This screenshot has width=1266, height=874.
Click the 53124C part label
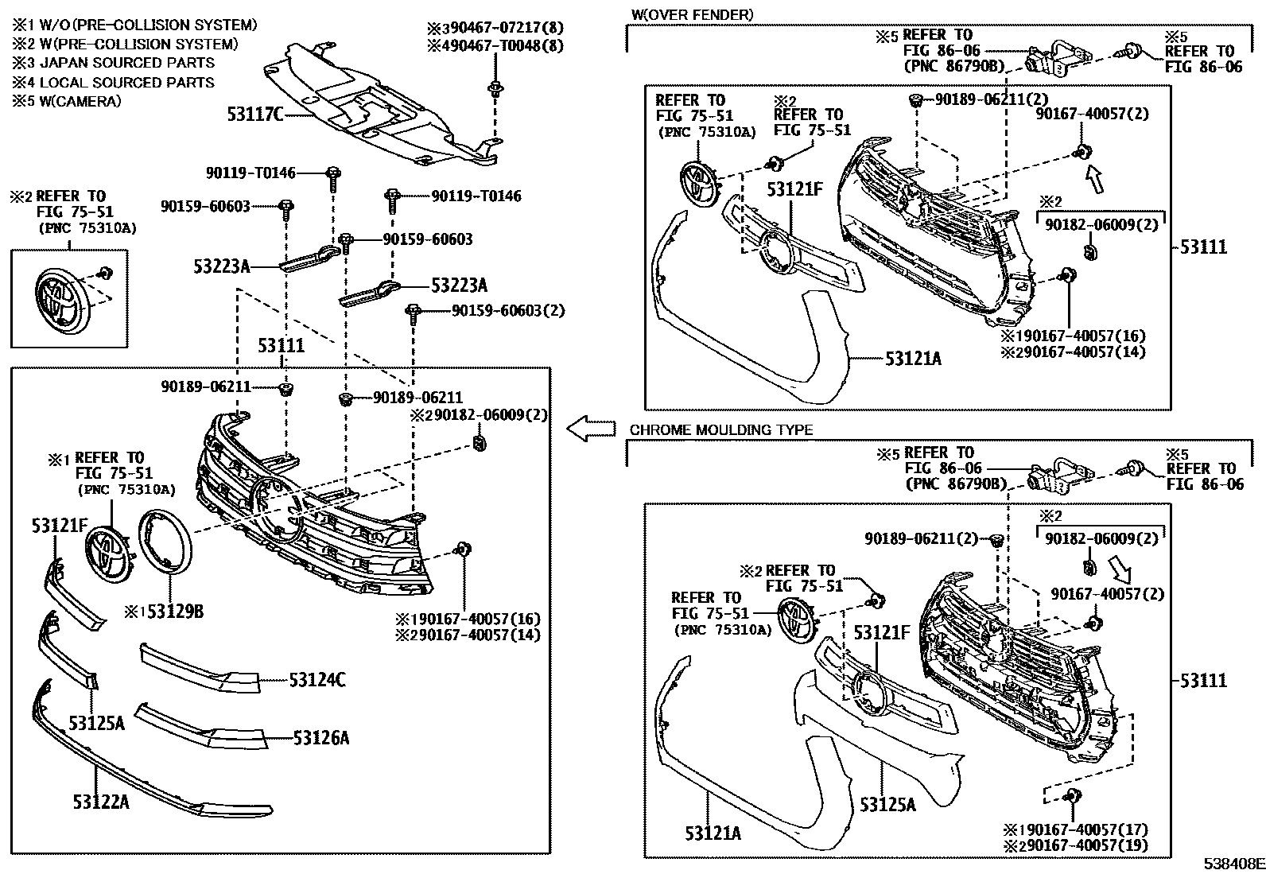tap(316, 680)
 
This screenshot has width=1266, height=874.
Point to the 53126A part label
tap(320, 739)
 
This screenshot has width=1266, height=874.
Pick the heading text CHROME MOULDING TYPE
tap(720, 430)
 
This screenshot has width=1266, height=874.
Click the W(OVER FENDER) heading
tap(691, 14)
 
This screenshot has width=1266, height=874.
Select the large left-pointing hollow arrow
tap(592, 429)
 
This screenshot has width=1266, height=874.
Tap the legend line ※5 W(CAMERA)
tap(67, 101)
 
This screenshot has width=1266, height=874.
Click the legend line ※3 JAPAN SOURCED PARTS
tap(113, 63)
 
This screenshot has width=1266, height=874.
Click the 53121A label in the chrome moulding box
tap(713, 833)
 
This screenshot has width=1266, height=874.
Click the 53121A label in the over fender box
tap(913, 359)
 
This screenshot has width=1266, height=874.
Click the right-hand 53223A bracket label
tap(459, 286)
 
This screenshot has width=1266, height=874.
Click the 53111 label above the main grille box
tap(281, 346)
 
